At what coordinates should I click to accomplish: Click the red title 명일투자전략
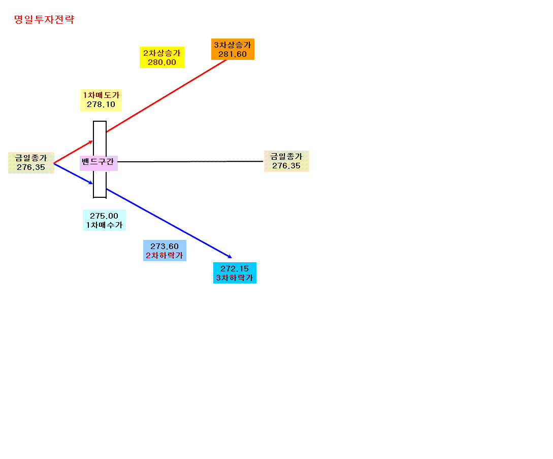click(44, 19)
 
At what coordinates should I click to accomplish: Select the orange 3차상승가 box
click(233, 49)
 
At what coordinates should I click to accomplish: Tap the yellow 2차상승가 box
click(162, 57)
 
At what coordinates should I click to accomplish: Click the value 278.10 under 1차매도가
click(101, 104)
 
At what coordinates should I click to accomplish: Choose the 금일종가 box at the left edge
click(31, 163)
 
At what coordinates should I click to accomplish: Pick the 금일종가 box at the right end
click(286, 161)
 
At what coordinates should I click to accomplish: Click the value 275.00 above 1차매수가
click(104, 216)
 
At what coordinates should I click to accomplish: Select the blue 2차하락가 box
click(165, 251)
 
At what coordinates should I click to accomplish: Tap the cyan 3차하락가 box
click(235, 273)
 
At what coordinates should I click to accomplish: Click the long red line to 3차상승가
click(167, 96)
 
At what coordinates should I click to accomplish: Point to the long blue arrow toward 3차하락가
click(169, 223)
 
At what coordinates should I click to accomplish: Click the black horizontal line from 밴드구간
click(190, 161)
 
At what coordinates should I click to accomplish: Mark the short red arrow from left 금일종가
click(73, 152)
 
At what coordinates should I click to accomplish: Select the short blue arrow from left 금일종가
click(73, 173)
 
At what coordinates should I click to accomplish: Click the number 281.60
click(233, 54)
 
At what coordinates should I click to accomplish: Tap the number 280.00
click(162, 62)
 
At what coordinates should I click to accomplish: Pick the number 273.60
click(165, 246)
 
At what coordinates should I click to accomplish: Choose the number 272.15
click(235, 268)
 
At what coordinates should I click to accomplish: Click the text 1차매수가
click(104, 225)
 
